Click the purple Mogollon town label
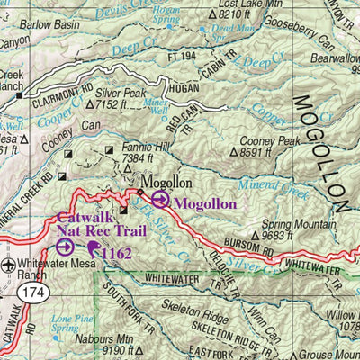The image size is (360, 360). coord(205,203)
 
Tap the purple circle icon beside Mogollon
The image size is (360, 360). coord(160,201)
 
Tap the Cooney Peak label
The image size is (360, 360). coord(274,140)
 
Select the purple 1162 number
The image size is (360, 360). coord(117,255)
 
